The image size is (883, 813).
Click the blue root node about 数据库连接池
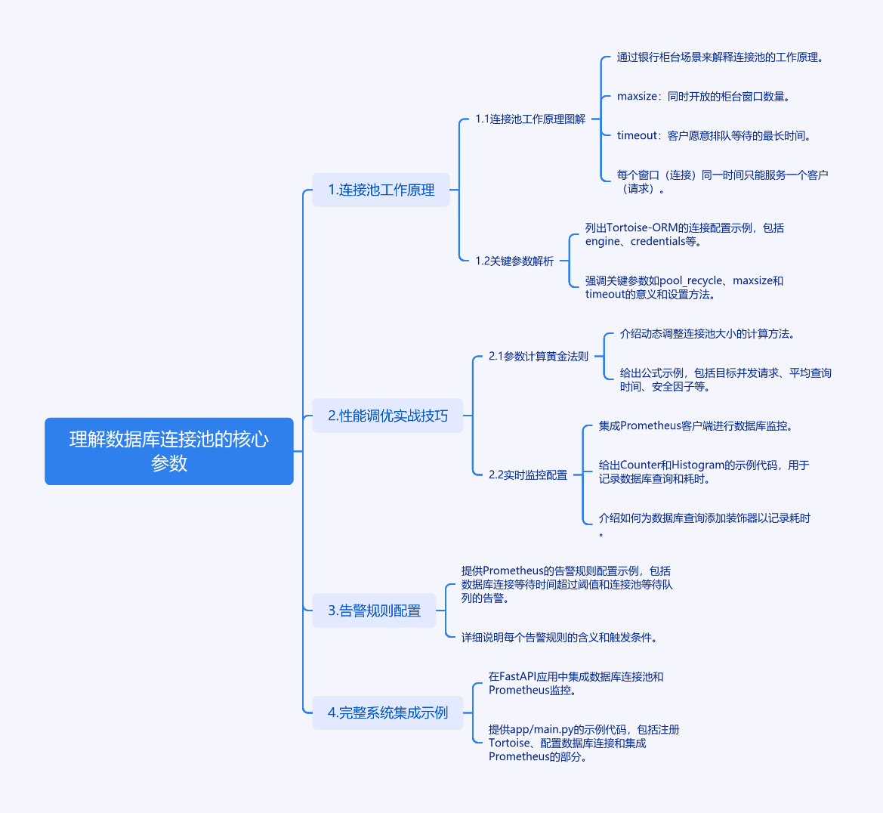point(169,451)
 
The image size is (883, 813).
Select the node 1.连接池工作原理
point(381,190)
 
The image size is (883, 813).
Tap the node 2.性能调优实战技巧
point(387,416)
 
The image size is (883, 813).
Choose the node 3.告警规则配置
point(374,611)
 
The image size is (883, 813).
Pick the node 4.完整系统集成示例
point(387,713)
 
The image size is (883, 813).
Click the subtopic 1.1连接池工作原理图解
point(529,119)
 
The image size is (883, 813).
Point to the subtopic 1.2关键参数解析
point(514,261)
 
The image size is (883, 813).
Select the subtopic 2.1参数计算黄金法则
point(538,357)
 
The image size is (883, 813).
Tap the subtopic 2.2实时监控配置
point(527,475)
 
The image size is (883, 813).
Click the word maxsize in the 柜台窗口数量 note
point(637,97)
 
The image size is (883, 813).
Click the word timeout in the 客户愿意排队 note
point(637,136)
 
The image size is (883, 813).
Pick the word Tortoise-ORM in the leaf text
point(641,228)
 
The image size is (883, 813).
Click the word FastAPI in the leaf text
point(517,677)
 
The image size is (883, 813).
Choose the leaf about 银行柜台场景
point(719,57)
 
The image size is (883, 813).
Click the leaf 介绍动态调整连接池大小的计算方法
point(706,334)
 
